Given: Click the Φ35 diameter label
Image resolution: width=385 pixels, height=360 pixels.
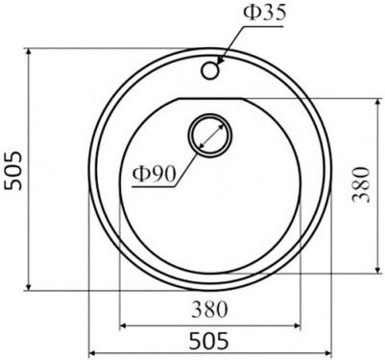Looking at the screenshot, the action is point(264,13).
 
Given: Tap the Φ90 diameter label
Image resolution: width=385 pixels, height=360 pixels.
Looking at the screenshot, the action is point(154,174).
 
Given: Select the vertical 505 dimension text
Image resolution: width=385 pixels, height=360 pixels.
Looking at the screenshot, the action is point(13,171).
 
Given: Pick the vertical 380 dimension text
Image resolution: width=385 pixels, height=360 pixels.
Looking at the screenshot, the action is point(361,184).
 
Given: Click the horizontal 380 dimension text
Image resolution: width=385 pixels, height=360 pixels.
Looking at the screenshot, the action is point(209,309).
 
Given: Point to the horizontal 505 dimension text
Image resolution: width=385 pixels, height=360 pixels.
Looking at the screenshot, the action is point(209,341).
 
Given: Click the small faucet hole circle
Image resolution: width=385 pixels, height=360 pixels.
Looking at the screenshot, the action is point(210,70).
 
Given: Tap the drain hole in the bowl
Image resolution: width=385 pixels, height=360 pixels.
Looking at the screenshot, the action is point(210,135).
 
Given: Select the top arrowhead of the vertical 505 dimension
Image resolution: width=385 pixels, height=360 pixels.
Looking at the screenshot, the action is point(29,52).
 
